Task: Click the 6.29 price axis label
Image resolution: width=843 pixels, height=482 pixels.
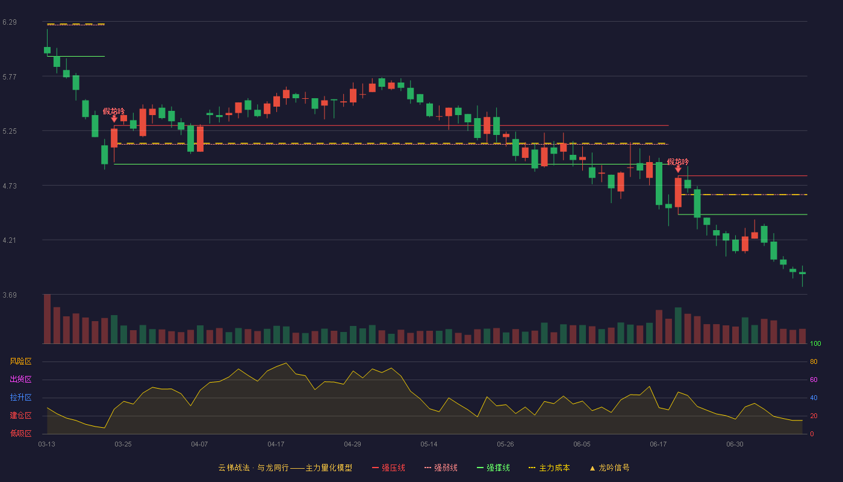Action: (10, 22)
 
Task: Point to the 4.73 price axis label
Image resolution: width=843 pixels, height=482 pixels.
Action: (10, 186)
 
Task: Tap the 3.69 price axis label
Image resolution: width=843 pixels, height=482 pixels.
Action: (10, 295)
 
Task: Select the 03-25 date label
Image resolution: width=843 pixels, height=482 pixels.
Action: (123, 445)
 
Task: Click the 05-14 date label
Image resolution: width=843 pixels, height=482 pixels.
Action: (429, 445)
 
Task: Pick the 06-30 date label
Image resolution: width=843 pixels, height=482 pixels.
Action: (735, 445)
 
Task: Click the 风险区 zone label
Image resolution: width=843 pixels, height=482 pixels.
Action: (20, 361)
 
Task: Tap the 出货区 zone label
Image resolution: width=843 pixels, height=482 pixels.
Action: (20, 379)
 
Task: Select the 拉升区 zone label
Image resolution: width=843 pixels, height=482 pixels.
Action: (20, 397)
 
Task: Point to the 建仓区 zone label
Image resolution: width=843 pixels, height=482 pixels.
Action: (20, 415)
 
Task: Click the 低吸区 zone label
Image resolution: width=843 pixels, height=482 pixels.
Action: (20, 433)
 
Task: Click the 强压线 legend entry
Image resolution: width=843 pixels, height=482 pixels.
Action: (388, 468)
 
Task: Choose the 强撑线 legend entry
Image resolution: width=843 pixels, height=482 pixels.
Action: (493, 468)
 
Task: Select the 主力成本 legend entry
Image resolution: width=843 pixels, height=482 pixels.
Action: (549, 468)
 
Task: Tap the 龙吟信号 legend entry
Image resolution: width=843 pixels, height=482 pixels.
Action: (609, 468)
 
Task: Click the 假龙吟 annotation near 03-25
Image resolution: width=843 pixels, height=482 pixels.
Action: (114, 111)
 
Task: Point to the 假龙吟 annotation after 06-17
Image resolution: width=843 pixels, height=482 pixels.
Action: (678, 162)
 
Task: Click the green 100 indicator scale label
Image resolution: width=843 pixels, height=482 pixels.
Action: (815, 343)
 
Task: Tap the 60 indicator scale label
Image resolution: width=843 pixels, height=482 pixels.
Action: (813, 380)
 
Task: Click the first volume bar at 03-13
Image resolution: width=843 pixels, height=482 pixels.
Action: (47, 319)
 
